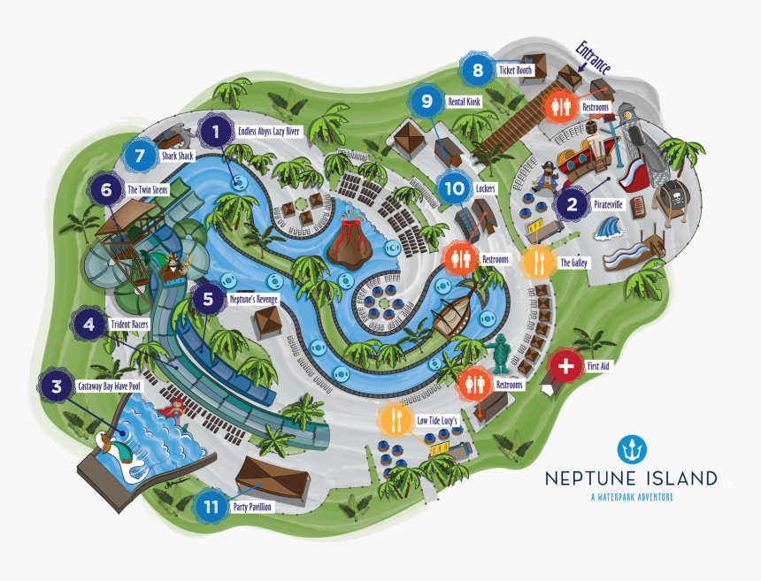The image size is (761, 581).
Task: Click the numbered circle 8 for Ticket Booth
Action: point(478,70)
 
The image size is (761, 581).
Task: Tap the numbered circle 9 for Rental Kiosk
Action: point(427,102)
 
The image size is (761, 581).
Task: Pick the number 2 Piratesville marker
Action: point(573,205)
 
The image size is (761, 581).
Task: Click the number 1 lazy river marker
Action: point(214,133)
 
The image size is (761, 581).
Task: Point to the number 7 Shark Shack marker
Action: point(139,156)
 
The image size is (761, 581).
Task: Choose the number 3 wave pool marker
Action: point(57,386)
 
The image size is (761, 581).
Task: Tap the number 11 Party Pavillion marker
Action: point(211,507)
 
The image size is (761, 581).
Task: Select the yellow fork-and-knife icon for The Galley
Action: point(538,262)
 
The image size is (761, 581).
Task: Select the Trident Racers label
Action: point(128,325)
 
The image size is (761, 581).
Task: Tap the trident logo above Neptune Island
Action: point(632,451)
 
